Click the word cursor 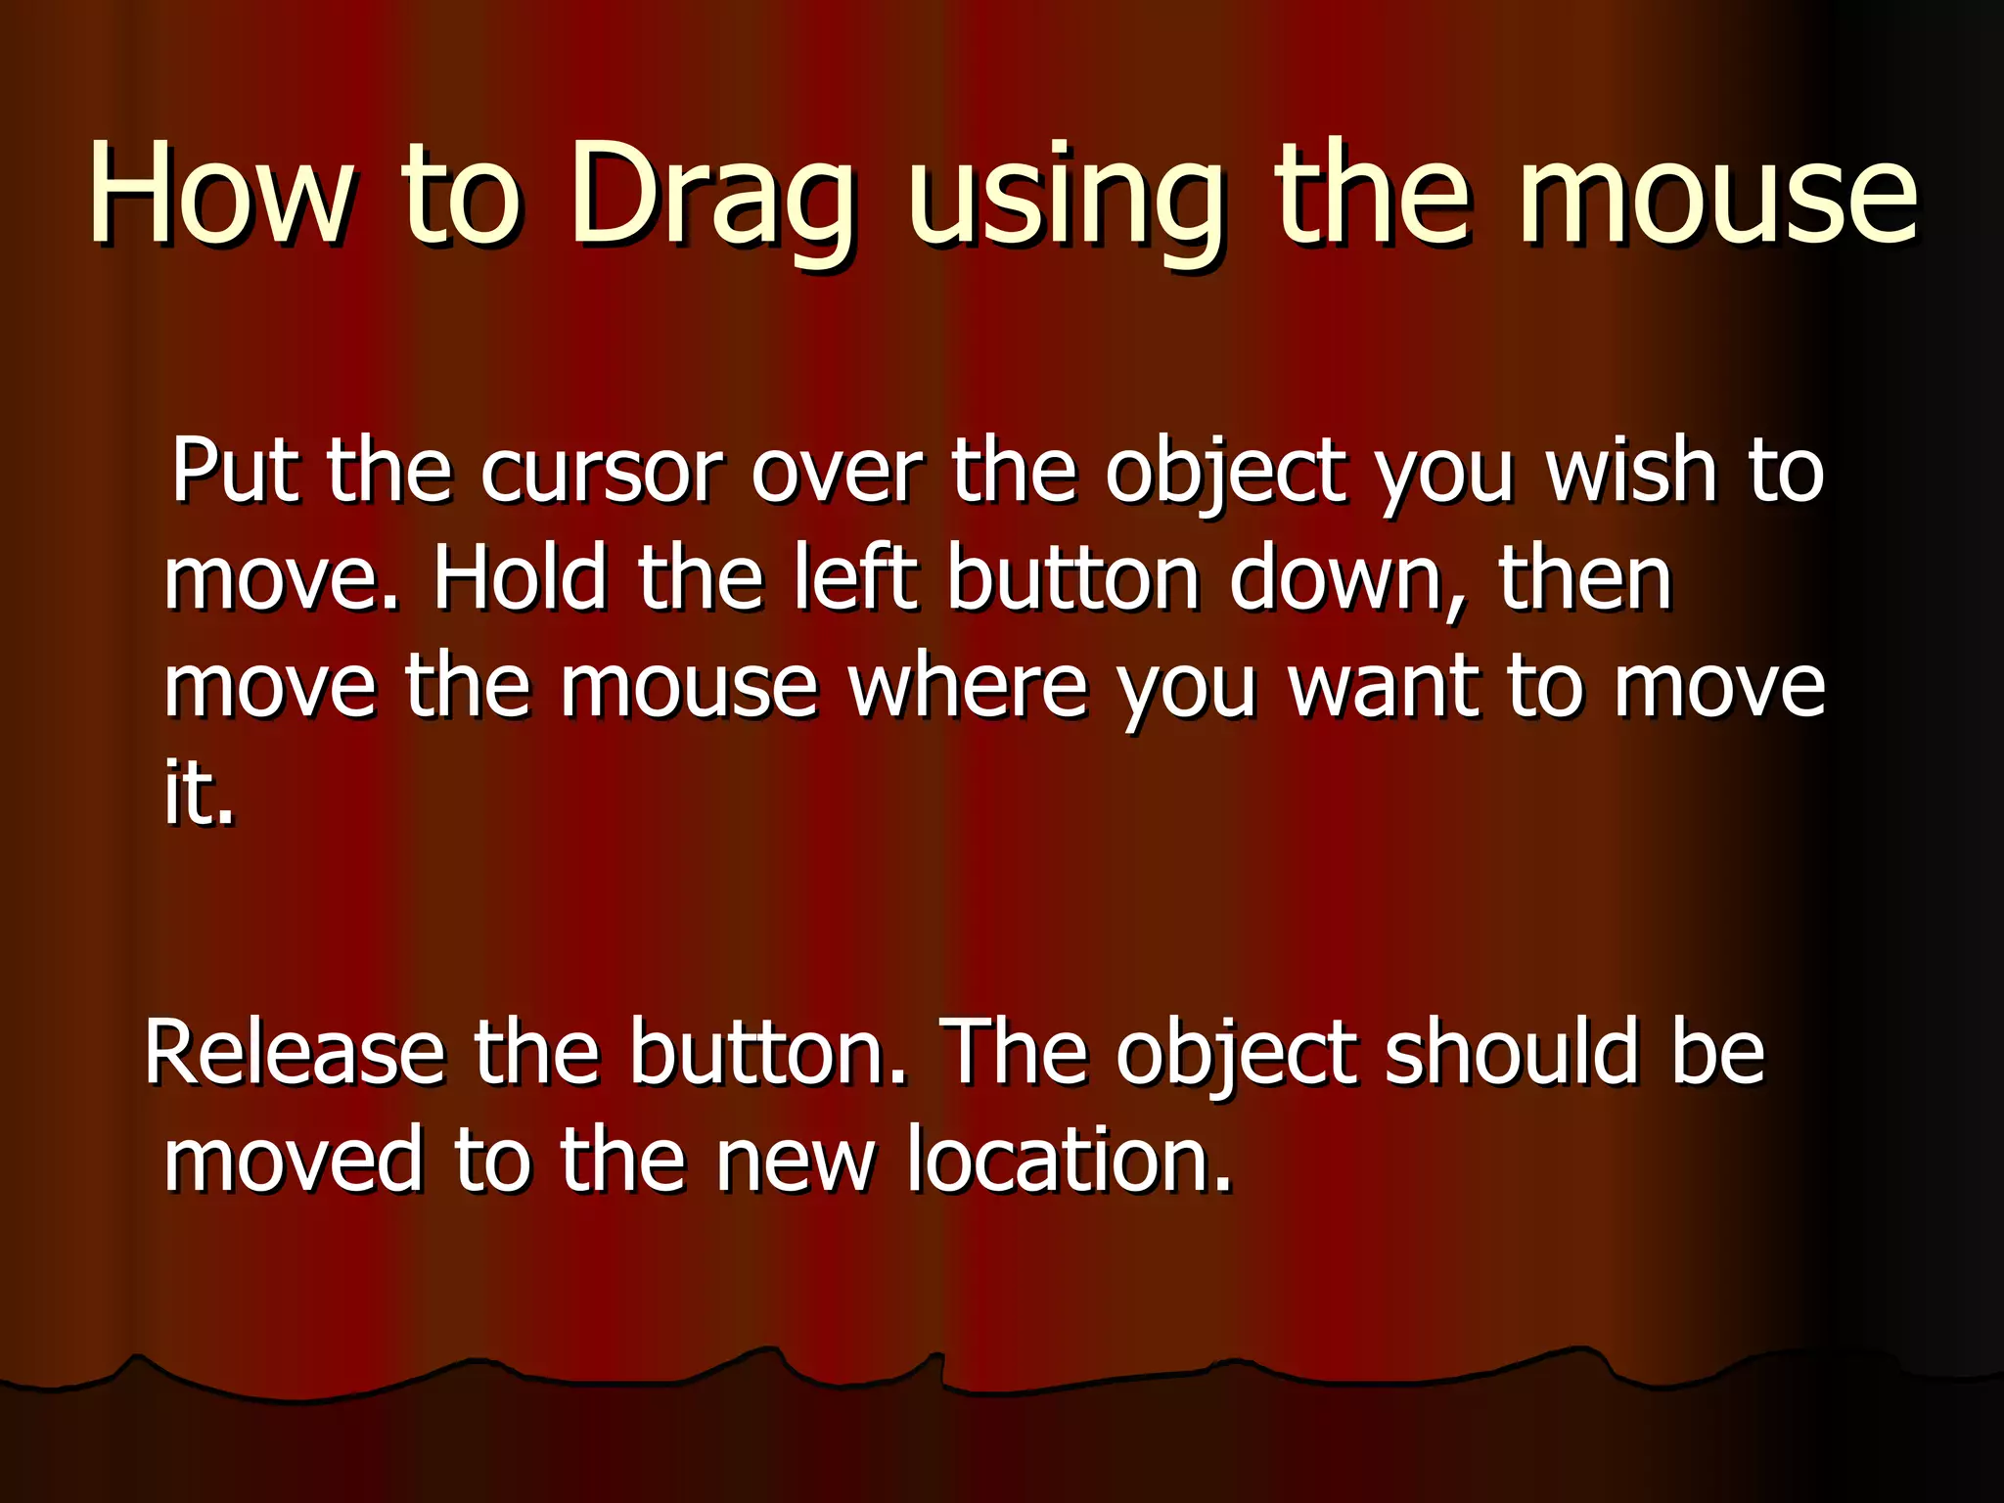click(x=601, y=474)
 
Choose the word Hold click(x=520, y=579)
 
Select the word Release click(x=295, y=1054)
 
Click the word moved click(x=293, y=1161)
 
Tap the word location click(x=1068, y=1161)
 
